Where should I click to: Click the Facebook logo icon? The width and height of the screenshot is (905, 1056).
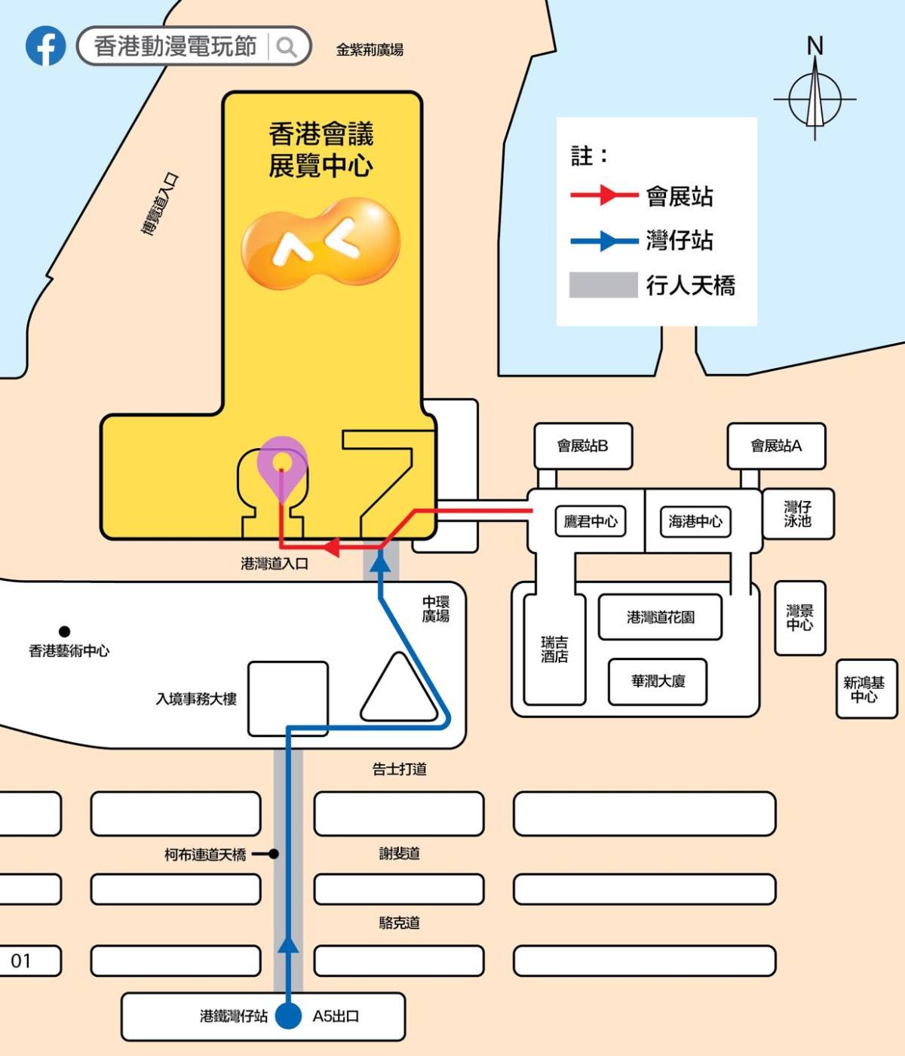pos(45,46)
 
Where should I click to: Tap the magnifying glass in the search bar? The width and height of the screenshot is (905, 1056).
pos(287,47)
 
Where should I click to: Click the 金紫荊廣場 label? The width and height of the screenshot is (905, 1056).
pos(370,50)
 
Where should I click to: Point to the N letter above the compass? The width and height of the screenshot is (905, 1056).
pos(814,45)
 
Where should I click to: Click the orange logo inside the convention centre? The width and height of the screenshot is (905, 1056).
pos(321,243)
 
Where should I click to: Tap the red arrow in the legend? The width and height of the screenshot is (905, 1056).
pos(604,195)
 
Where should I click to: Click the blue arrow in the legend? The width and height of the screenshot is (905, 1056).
pos(604,241)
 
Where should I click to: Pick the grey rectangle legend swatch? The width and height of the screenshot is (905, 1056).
pos(603,284)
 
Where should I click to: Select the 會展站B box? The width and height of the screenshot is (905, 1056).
pos(583,446)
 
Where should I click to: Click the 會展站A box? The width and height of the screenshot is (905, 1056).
pos(776,446)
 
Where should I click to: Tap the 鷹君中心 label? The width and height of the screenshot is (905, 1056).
pos(591,521)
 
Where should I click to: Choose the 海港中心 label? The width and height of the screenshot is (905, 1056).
pos(695,521)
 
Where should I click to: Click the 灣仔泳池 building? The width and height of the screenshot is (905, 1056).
pos(798,514)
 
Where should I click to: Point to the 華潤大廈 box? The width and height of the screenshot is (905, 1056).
pos(658,682)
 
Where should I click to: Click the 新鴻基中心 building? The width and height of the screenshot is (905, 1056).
pos(867,689)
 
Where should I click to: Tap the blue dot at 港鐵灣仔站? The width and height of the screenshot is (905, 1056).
pos(289,1015)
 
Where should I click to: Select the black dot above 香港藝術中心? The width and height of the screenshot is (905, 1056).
pos(64,631)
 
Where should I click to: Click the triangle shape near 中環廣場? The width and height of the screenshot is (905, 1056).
pos(399,690)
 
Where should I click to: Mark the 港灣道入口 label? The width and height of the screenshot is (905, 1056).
pos(275,563)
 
